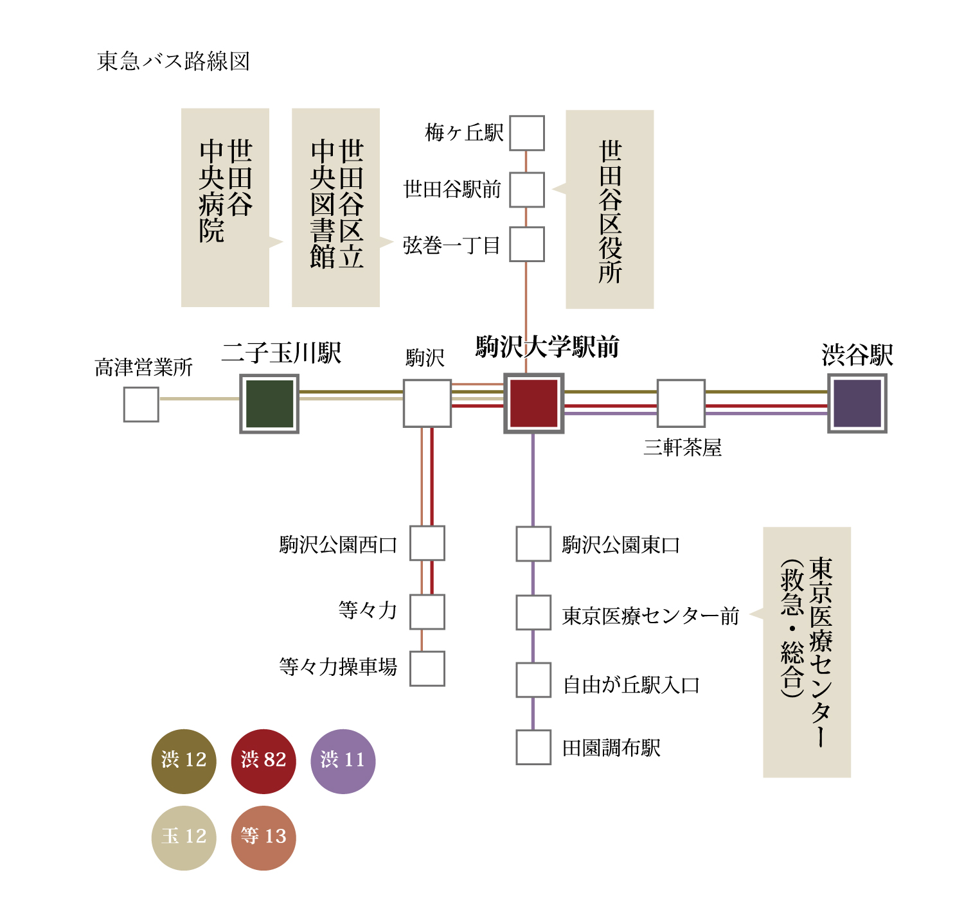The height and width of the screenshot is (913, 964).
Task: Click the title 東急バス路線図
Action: (x=173, y=62)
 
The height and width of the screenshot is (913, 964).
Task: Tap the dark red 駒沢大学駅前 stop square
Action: (x=533, y=403)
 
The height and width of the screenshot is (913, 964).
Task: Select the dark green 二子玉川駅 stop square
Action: (x=269, y=403)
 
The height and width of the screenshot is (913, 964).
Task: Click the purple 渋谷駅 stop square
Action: (x=857, y=403)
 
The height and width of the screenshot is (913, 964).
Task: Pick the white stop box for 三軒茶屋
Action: (x=681, y=403)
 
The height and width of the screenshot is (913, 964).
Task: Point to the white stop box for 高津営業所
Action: (x=141, y=405)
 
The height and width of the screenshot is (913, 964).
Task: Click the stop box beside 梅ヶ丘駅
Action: (x=527, y=133)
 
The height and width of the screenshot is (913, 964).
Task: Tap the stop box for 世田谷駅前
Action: (x=527, y=190)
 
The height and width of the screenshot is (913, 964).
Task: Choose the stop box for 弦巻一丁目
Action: (x=527, y=244)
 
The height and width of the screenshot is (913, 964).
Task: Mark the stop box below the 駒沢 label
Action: (x=427, y=403)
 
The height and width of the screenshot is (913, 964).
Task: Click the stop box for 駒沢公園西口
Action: (x=427, y=544)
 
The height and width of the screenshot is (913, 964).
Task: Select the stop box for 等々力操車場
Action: (x=427, y=668)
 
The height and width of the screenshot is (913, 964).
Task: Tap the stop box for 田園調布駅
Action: (x=533, y=747)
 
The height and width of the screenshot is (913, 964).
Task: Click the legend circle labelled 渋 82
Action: (x=263, y=761)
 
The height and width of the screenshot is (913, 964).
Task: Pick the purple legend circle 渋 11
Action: (x=343, y=761)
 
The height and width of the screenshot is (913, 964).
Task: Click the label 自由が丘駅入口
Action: (x=631, y=685)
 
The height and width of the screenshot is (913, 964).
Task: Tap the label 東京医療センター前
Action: (x=650, y=616)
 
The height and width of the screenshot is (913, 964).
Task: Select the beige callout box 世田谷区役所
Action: (x=610, y=209)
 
